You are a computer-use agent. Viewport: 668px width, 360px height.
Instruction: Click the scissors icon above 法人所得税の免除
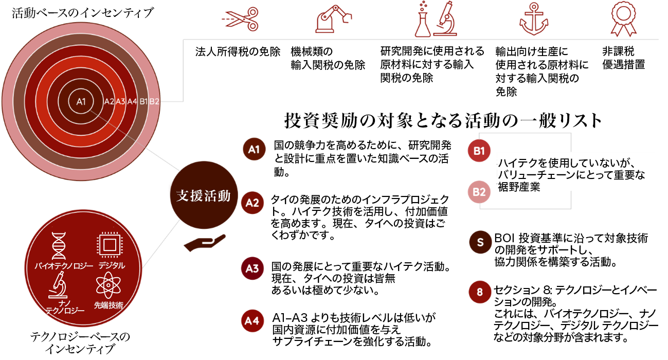pyautogui.click(x=239, y=19)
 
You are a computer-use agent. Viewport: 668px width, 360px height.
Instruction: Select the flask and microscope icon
pyautogui.click(x=436, y=19)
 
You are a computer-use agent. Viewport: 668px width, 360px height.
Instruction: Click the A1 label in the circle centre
pyautogui.click(x=81, y=101)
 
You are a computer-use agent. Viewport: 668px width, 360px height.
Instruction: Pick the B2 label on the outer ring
pyautogui.click(x=154, y=101)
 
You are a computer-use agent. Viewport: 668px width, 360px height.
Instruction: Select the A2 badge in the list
pyautogui.click(x=252, y=202)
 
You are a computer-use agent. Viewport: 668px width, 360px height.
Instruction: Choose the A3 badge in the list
pyautogui.click(x=252, y=268)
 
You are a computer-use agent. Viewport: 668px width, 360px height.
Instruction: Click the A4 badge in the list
pyautogui.click(x=251, y=321)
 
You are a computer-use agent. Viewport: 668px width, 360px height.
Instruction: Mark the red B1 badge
pyautogui.click(x=479, y=151)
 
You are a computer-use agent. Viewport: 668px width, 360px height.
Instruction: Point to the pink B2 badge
pyautogui.click(x=479, y=192)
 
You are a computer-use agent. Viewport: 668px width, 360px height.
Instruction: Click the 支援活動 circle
pyautogui.click(x=204, y=196)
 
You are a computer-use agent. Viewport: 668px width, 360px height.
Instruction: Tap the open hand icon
pyautogui.click(x=204, y=243)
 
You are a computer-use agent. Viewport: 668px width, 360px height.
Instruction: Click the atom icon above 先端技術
pyautogui.click(x=108, y=285)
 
